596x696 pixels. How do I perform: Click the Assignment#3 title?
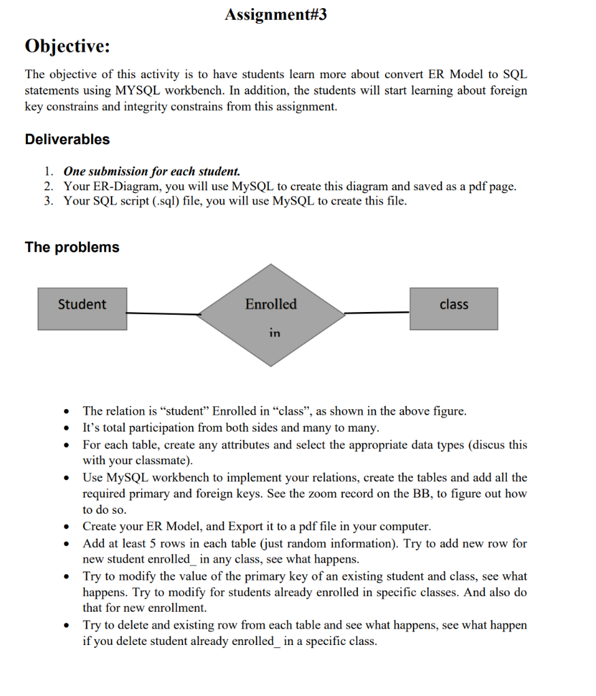tap(276, 15)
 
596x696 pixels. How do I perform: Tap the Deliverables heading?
tap(67, 139)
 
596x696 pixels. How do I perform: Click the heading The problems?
tap(72, 247)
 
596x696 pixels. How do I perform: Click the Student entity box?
tap(82, 309)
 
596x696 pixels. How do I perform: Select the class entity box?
tap(453, 309)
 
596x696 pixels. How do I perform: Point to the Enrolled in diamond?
tap(271, 314)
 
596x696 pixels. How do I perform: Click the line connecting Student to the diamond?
tap(163, 313)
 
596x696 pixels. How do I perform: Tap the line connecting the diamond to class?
tap(377, 313)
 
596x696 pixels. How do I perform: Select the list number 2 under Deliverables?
tap(48, 186)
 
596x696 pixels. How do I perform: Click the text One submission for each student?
tap(152, 171)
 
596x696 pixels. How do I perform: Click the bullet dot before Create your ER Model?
tap(66, 527)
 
